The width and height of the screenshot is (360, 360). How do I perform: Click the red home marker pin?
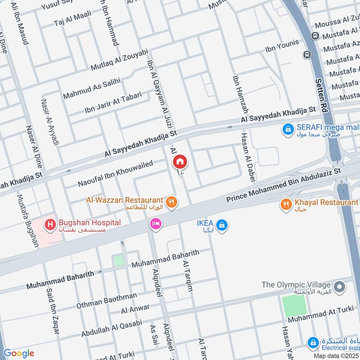(180, 161)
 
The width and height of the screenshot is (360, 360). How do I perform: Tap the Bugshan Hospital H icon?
(49, 223)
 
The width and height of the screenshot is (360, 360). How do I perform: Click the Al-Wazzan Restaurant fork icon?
(171, 202)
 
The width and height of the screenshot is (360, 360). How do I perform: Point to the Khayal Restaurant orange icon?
(286, 205)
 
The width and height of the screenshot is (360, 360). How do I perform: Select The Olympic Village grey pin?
(340, 286)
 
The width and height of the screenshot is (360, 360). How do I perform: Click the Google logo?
(18, 353)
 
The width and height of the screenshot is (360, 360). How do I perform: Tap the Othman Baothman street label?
(106, 300)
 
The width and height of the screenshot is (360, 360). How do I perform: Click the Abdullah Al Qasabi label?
(112, 328)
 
